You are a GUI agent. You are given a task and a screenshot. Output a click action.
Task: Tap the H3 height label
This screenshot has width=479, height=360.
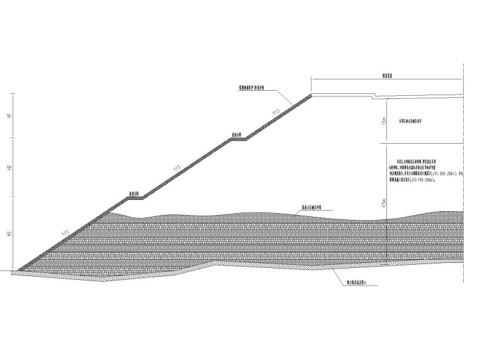pos(9,234)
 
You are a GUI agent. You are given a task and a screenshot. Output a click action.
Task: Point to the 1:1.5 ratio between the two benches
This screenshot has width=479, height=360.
pos(178,168)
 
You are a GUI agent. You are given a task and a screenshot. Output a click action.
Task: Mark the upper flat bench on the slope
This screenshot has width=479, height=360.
pos(238,139)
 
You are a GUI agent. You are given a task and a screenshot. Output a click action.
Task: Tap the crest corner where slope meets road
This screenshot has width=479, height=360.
pos(313,95)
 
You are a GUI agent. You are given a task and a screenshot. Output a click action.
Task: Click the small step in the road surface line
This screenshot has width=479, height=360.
pos(372,98)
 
